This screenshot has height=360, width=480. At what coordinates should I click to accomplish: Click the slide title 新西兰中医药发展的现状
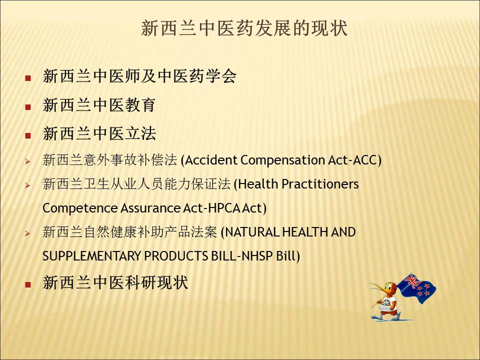pos(244,28)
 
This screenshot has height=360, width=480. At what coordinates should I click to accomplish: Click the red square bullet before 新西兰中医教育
pos(28,107)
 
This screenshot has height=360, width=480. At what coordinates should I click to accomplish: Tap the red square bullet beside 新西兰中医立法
pos(28,135)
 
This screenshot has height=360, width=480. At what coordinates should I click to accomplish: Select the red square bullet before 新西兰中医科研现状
pos(28,284)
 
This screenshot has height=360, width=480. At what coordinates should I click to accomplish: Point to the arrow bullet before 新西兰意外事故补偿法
pos(27,161)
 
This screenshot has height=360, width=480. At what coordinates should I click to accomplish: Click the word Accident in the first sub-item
pos(211,160)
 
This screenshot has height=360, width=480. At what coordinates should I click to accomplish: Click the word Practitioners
pos(320,184)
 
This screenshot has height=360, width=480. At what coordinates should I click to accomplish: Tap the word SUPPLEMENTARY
pos(91,256)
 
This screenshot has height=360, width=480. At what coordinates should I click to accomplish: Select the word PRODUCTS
pos(176,256)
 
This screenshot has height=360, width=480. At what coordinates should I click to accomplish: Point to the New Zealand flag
pos(417,288)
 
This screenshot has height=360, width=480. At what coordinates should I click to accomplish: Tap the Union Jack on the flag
pos(411,281)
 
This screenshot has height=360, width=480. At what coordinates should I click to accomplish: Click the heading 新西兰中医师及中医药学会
pos(139,76)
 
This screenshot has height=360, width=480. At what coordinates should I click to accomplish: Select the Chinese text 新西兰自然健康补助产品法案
pos(130,232)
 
